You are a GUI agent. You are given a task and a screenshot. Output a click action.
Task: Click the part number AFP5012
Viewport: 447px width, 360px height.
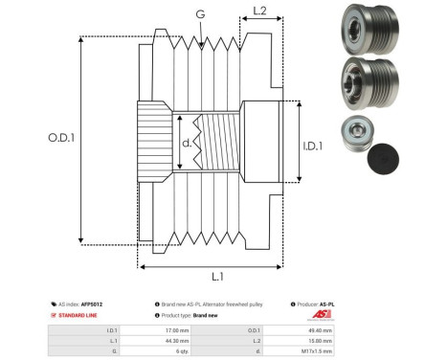tap(92, 304)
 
